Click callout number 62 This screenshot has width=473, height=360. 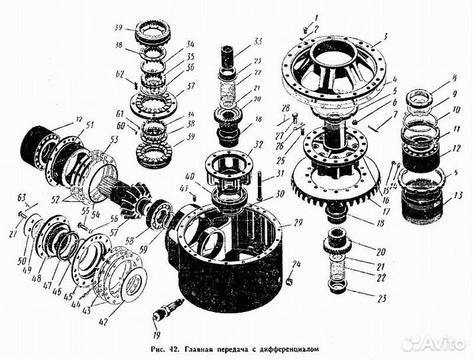[x=121, y=75]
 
